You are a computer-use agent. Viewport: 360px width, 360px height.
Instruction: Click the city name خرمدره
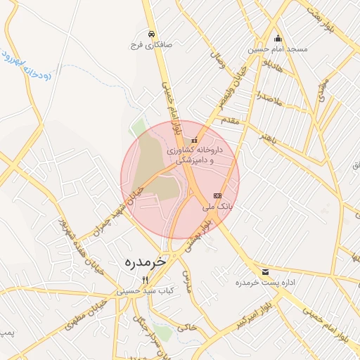(x=146, y=262)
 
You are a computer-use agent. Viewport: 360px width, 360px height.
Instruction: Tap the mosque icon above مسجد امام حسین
(x=278, y=39)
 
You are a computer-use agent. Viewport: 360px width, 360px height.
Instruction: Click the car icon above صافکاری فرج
(x=151, y=33)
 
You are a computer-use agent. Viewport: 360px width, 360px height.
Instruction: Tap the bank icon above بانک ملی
(x=217, y=195)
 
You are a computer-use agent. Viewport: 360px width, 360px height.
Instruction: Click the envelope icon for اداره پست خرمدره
(x=265, y=271)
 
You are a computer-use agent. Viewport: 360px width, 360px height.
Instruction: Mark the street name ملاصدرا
(x=268, y=98)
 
